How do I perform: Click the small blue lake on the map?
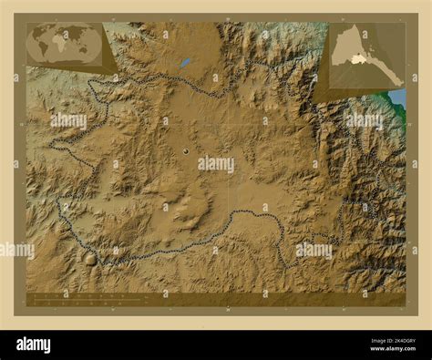tap(185, 63)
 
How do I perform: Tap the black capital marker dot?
tap(186, 151)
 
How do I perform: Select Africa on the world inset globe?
tap(62, 43)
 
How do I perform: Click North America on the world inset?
tap(36, 35)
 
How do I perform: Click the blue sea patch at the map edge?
tap(397, 96)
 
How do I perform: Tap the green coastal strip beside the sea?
tap(390, 100)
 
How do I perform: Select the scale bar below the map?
tap(87, 298)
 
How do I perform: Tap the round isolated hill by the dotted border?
tap(89, 258)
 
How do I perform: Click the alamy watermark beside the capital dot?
tap(216, 164)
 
